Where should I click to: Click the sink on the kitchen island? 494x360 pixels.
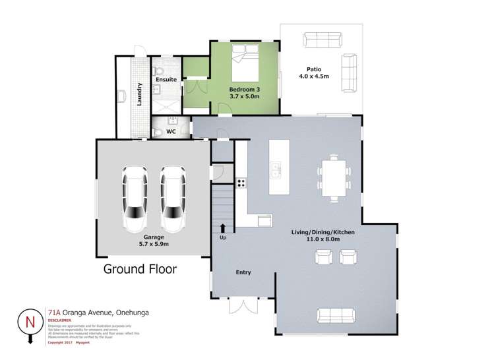(x=276, y=170)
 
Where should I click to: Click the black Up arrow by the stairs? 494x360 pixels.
(x=222, y=228)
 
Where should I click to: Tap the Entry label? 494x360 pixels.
(x=243, y=272)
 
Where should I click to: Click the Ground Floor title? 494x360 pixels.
(x=139, y=269)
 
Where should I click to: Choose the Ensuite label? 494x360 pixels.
(x=166, y=80)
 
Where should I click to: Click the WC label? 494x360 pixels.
(x=170, y=131)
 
